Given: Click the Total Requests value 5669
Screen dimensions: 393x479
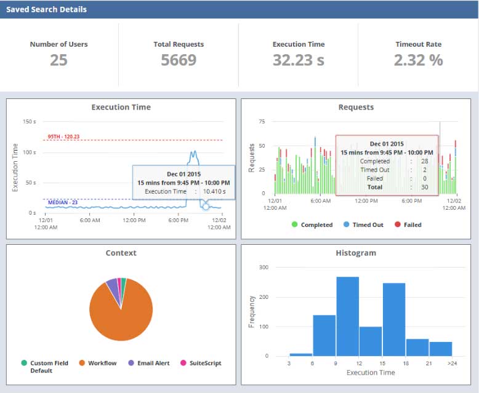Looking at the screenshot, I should [x=179, y=60].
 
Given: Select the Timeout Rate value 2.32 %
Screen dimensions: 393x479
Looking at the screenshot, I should [x=418, y=60].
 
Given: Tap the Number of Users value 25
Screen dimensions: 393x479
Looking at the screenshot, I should [x=58, y=60].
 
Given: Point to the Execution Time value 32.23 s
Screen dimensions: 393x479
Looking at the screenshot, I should [x=298, y=60].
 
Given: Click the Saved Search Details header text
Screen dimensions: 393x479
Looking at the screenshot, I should [x=46, y=10].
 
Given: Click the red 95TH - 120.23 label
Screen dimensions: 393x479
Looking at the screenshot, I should [x=63, y=137].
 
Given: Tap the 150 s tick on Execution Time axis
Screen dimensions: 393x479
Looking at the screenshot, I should [x=29, y=122].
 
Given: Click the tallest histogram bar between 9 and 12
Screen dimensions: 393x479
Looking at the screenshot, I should [x=348, y=316].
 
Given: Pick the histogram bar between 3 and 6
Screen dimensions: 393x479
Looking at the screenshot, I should [x=301, y=354].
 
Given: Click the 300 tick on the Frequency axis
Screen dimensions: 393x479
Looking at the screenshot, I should [x=263, y=268].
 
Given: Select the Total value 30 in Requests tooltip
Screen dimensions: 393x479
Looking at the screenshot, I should [x=424, y=187].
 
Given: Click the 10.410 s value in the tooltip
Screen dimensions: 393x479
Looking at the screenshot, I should [x=215, y=192].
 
